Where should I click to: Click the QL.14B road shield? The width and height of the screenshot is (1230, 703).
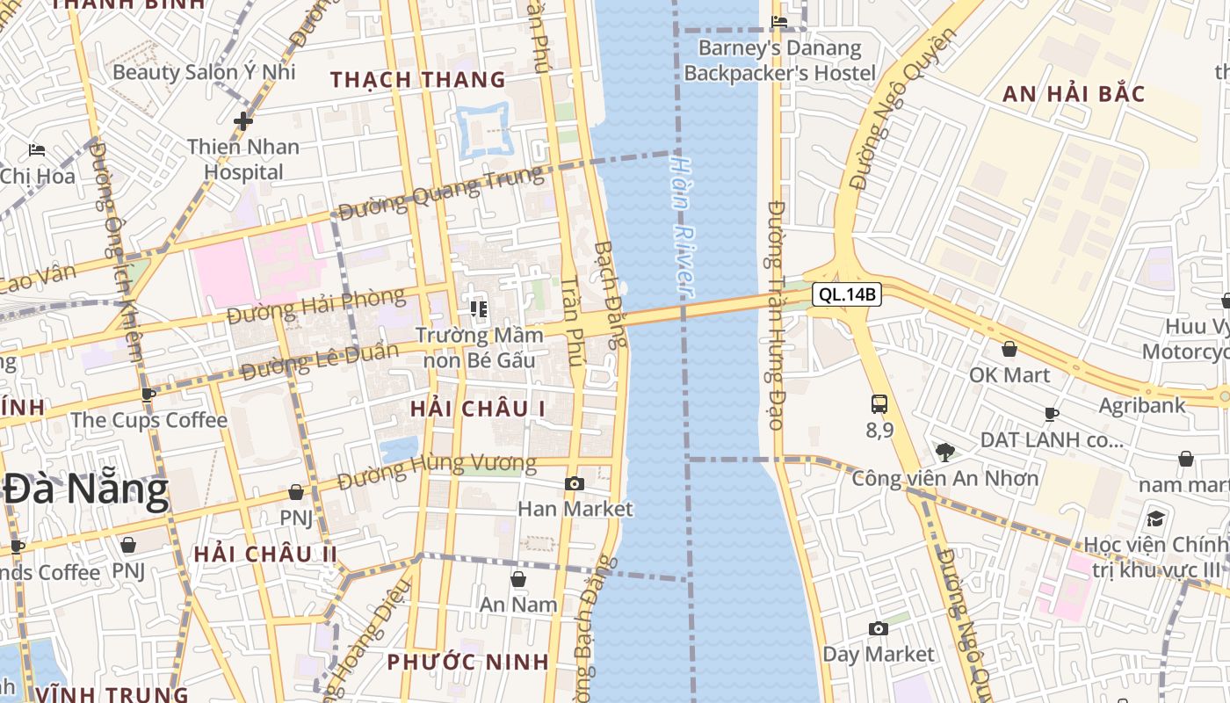pyautogui.click(x=846, y=294)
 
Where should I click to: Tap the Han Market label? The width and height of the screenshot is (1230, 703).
pyautogui.click(x=575, y=509)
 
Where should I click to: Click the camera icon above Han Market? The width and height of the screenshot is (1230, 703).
pyautogui.click(x=574, y=483)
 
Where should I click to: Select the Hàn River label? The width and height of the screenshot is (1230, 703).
pyautogui.click(x=682, y=226)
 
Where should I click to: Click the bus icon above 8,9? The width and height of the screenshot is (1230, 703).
pyautogui.click(x=879, y=404)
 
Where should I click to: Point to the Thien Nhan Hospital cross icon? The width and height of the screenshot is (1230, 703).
pyautogui.click(x=243, y=120)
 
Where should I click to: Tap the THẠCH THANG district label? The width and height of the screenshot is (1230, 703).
pyautogui.click(x=418, y=80)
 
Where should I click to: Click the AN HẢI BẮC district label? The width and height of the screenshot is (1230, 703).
pyautogui.click(x=1074, y=94)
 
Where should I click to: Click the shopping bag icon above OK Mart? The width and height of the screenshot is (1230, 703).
pyautogui.click(x=1009, y=350)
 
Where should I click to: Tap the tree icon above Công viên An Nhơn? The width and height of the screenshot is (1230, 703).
pyautogui.click(x=945, y=453)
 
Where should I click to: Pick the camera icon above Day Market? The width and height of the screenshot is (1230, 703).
pyautogui.click(x=878, y=628)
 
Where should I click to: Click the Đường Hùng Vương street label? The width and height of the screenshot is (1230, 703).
pyautogui.click(x=437, y=470)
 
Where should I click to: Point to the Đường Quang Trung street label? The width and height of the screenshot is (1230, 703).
pyautogui.click(x=441, y=194)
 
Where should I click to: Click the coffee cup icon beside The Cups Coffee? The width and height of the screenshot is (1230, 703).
pyautogui.click(x=148, y=395)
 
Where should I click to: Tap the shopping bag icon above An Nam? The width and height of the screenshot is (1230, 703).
pyautogui.click(x=518, y=579)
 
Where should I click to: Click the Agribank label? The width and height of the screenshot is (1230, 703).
pyautogui.click(x=1141, y=406)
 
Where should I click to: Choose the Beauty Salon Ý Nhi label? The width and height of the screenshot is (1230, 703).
pyautogui.click(x=204, y=72)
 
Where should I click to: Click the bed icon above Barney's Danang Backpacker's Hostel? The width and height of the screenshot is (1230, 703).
pyautogui.click(x=779, y=22)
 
